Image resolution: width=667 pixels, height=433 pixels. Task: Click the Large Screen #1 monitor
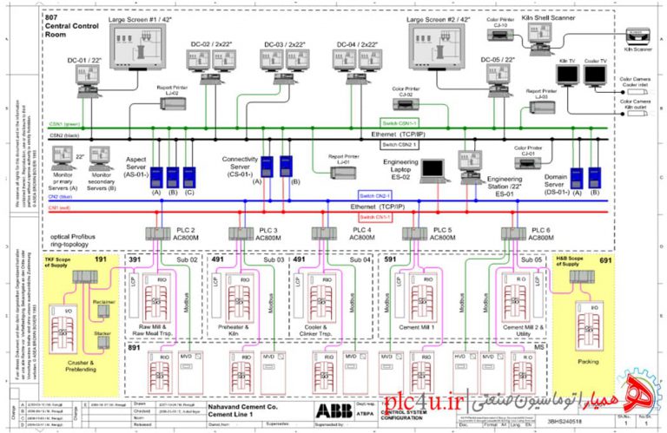coord(140,48)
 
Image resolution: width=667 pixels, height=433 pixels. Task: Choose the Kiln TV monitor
coord(567,76)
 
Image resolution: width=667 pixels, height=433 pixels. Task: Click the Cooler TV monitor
coord(595,76)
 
